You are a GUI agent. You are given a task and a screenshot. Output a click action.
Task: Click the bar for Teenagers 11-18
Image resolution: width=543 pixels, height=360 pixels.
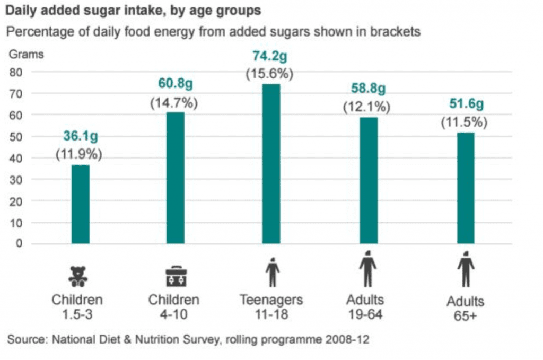tap(271, 164)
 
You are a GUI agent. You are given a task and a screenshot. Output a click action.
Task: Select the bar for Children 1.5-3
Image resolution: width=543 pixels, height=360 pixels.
tap(80, 205)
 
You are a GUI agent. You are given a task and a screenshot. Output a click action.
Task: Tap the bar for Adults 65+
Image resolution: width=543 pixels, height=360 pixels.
tap(465, 188)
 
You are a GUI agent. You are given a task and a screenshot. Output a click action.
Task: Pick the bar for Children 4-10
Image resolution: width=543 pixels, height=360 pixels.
tap(176, 178)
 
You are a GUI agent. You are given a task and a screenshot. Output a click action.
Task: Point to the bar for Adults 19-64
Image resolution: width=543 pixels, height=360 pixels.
tap(369, 180)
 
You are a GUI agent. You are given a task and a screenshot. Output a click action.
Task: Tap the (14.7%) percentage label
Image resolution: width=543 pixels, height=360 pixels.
tap(174, 103)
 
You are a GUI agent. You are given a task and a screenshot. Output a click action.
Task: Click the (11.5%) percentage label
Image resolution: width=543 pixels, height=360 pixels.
tap(464, 122)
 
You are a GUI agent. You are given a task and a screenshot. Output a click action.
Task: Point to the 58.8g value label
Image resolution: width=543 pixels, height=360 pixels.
tap(367, 87)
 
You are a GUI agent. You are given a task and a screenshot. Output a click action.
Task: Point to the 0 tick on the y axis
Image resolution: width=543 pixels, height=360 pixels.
tap(19, 244)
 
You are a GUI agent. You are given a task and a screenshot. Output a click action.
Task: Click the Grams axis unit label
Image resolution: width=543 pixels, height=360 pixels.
tap(25, 54)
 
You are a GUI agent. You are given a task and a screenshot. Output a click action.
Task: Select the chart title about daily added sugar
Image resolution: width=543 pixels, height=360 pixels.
tap(133, 10)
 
